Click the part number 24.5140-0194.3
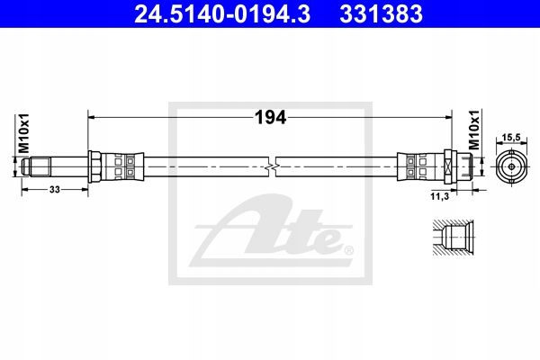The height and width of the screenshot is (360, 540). click(x=222, y=13)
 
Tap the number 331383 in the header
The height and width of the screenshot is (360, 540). click(x=381, y=13)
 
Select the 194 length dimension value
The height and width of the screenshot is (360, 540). click(x=270, y=118)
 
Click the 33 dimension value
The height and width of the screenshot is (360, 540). click(x=55, y=189)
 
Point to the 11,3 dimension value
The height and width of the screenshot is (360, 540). click(x=440, y=196)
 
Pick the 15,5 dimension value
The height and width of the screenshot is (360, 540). click(x=511, y=138)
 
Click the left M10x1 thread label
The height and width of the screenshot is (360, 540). click(x=24, y=133)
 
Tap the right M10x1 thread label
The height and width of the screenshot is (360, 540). click(x=474, y=130)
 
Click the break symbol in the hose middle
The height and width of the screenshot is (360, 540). click(x=272, y=167)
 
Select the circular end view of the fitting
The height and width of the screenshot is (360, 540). click(x=511, y=166)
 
